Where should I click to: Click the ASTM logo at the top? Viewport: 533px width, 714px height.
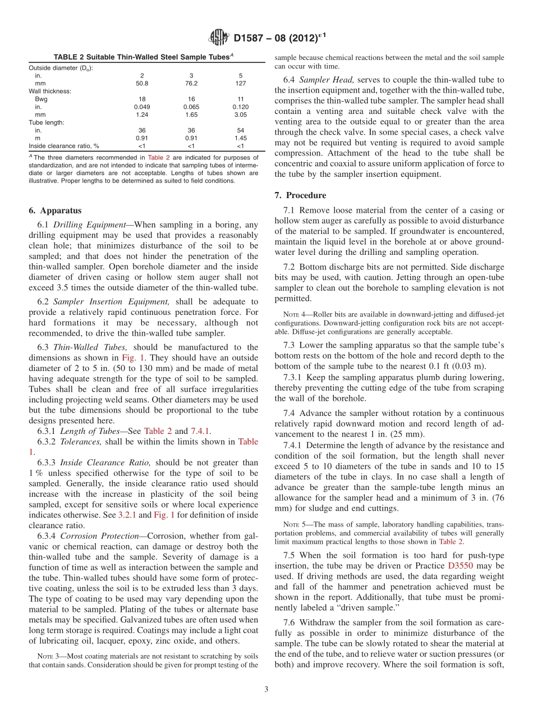(218, 38)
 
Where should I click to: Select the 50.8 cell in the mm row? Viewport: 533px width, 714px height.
(141, 83)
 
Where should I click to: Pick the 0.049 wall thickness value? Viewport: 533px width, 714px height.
(141, 106)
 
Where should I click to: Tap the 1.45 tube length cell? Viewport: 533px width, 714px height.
(241, 138)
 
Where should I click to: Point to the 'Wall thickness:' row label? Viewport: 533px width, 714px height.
(50, 90)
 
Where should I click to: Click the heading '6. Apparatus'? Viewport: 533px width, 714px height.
(55, 210)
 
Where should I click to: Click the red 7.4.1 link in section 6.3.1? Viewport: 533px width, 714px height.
(201, 431)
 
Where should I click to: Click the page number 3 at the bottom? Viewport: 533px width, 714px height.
(266, 689)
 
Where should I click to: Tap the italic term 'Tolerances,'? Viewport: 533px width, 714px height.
(80, 442)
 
